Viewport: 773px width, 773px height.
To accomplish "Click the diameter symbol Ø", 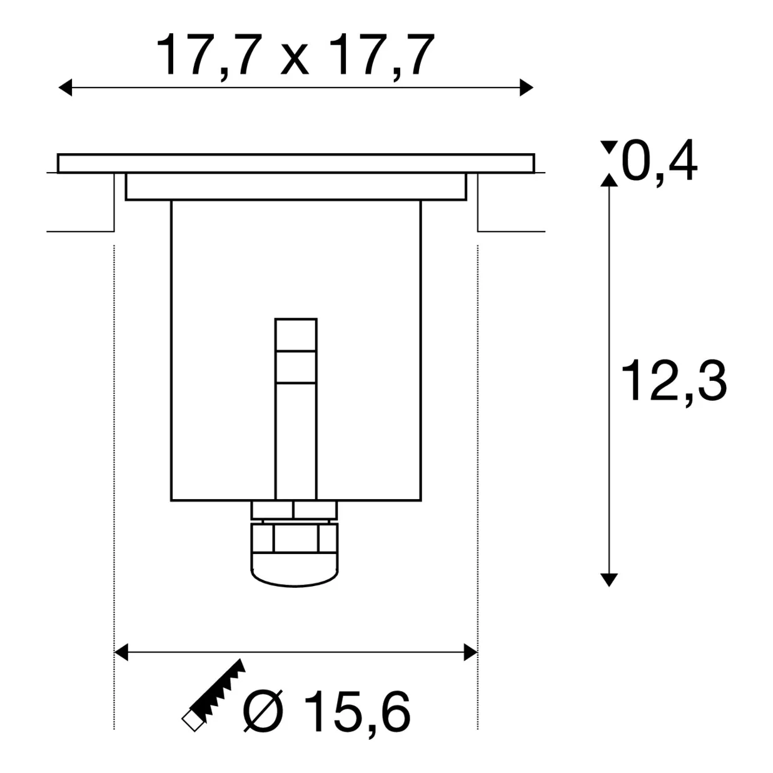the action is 263,711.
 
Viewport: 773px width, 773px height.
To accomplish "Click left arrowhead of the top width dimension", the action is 66,88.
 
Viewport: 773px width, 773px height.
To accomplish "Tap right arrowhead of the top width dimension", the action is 527,88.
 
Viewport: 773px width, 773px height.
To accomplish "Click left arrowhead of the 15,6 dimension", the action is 121,652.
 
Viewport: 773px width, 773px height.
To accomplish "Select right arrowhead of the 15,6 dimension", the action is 470,652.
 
